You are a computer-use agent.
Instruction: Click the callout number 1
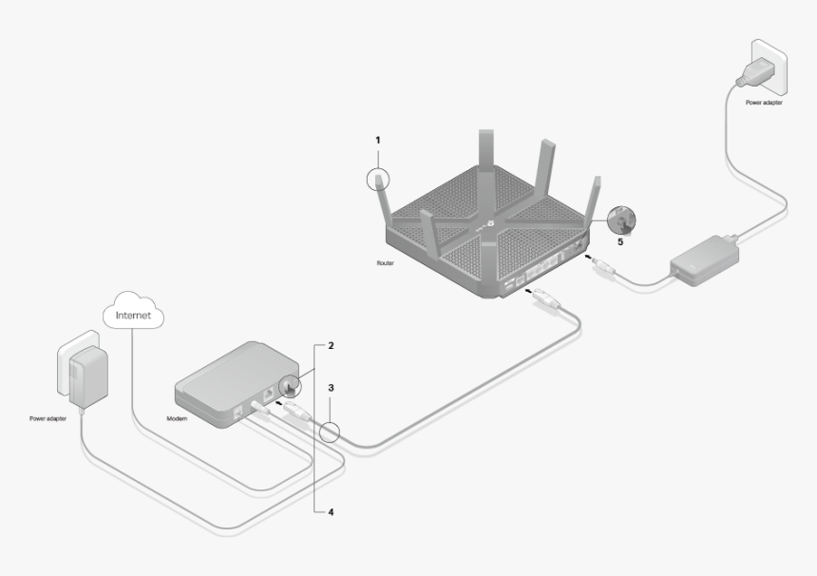(377, 140)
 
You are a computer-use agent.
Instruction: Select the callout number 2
(331, 346)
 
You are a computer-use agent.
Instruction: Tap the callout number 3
(331, 389)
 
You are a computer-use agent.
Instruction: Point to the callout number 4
(331, 511)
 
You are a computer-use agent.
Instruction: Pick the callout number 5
(621, 241)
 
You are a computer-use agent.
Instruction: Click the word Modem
(177, 417)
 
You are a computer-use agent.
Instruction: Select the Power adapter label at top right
(765, 102)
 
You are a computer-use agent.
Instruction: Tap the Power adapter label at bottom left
(48, 417)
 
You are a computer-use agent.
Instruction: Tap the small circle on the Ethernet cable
(329, 433)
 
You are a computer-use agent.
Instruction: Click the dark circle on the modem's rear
(288, 385)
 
